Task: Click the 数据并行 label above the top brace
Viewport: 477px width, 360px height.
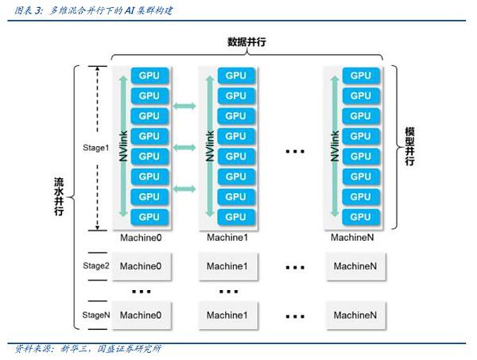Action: click(246, 42)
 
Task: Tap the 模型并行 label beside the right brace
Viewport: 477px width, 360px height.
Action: click(409, 146)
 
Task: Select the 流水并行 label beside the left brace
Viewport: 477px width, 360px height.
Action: click(59, 196)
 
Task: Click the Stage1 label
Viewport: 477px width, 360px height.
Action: click(96, 148)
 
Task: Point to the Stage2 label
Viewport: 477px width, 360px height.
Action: click(96, 265)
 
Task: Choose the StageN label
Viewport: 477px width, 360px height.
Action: click(96, 315)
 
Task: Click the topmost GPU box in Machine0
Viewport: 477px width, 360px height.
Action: click(149, 75)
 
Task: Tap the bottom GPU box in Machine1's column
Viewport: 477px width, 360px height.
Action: click(236, 217)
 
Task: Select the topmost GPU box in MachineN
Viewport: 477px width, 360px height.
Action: click(361, 75)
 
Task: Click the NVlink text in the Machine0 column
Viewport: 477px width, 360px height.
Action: click(123, 146)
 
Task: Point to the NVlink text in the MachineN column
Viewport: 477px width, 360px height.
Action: click(335, 146)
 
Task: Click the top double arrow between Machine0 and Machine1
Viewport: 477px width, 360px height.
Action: click(184, 106)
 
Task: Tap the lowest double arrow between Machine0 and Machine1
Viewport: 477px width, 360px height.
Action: click(184, 189)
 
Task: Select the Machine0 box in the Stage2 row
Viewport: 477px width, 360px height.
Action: click(142, 266)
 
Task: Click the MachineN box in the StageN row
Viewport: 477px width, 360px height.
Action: click(355, 315)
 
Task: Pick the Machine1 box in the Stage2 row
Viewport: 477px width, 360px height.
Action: click(228, 266)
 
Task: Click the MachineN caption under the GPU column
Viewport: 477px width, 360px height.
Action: click(352, 238)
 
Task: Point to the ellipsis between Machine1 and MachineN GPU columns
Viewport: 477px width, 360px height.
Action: click(295, 151)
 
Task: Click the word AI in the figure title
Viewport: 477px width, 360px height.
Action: click(129, 11)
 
